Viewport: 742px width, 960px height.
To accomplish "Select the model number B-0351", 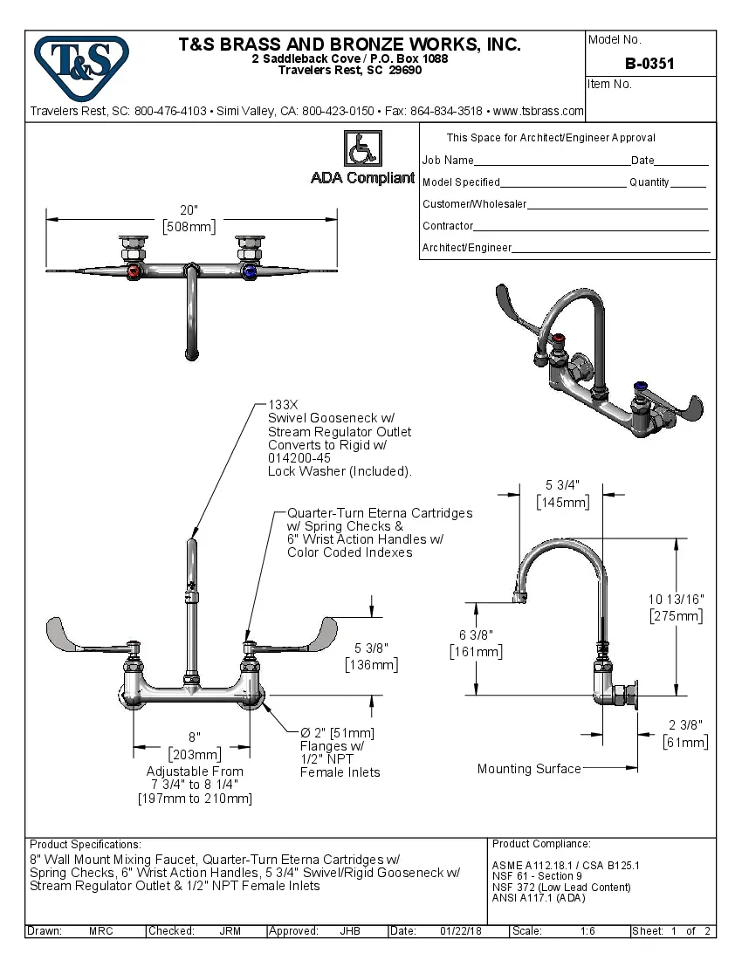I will (x=649, y=64).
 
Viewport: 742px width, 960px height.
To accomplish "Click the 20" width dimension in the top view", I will (x=189, y=210).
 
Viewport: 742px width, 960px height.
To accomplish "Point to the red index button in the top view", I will (x=133, y=272).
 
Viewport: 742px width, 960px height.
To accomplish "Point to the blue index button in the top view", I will (x=251, y=272).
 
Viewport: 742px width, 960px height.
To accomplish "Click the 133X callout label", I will (x=283, y=406).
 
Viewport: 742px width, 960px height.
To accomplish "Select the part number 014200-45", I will (x=299, y=458).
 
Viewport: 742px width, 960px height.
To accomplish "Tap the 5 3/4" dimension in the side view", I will (x=562, y=485).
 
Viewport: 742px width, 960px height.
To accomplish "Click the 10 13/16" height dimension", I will (x=676, y=599).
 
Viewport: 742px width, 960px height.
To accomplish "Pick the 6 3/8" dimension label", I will (x=476, y=634).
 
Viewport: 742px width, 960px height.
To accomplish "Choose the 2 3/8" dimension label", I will (x=685, y=725).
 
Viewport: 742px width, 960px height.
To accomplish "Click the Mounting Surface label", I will (x=529, y=769).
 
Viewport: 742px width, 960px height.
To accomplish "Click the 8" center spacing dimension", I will (x=194, y=737).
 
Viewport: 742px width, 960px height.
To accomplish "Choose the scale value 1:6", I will (x=587, y=931).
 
